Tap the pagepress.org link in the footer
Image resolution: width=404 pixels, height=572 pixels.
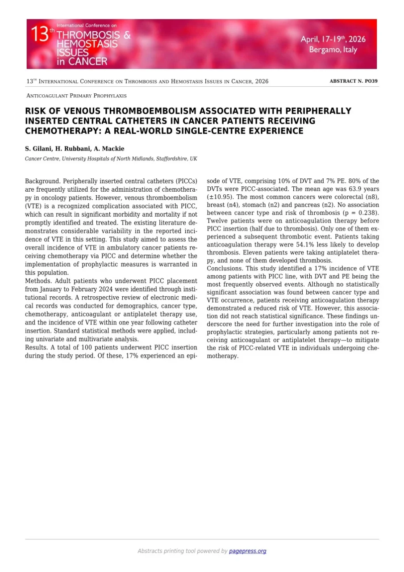(247, 551)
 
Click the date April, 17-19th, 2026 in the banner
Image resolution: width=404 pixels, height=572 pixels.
(333, 39)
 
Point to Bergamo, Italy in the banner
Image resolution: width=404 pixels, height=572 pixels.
(333, 50)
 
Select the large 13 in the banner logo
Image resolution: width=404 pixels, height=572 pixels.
(39, 35)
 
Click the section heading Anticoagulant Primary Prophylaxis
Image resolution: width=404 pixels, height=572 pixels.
(76, 96)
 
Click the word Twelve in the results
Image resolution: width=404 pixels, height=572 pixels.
(218, 221)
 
